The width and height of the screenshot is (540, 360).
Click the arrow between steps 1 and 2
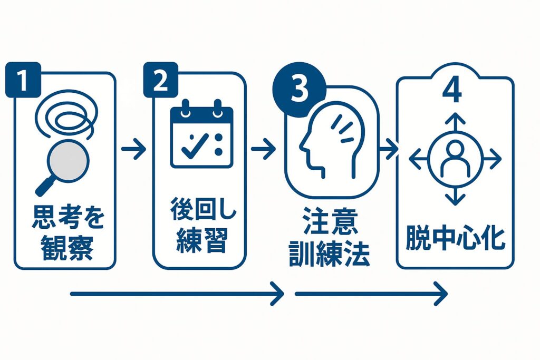click(x=134, y=150)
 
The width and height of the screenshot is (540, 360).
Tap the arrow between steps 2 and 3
click(x=264, y=150)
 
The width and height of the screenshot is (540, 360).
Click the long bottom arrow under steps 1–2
click(x=177, y=294)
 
